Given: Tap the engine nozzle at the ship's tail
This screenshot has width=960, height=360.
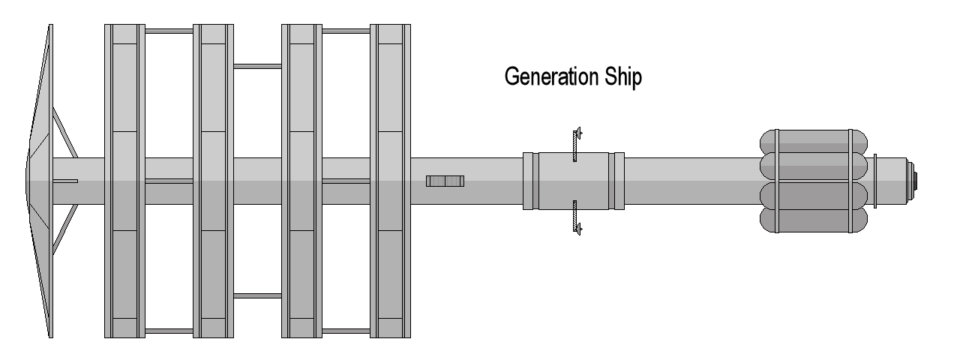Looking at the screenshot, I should (x=914, y=181).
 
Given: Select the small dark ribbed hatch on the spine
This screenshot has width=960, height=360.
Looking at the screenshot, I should (x=445, y=181).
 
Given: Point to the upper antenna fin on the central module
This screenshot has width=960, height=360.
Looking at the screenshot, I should (x=576, y=144).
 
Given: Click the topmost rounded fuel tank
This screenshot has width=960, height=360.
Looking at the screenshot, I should (x=814, y=141).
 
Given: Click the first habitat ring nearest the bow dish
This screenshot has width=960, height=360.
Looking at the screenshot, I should (x=124, y=181).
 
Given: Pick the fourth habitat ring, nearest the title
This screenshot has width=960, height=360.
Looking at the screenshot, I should (x=391, y=181).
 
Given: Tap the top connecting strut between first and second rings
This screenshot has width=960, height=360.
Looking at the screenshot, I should (x=169, y=31).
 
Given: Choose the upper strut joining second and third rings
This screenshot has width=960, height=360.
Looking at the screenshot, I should (x=257, y=66).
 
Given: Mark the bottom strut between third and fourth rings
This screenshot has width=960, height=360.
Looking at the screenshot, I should (x=346, y=331).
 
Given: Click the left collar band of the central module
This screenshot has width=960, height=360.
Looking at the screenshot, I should (x=530, y=181).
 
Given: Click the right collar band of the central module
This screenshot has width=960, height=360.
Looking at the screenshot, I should (x=617, y=181).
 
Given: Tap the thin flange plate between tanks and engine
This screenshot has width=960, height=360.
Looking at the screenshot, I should (x=874, y=181).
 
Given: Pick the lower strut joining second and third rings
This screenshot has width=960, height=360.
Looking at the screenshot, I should (x=257, y=295).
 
